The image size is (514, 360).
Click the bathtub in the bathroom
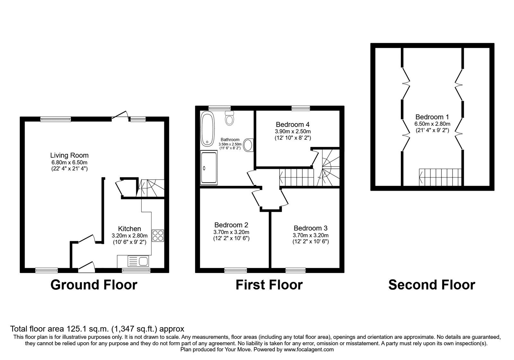pyautogui.click(x=208, y=129)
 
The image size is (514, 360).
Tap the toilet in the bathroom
pyautogui.click(x=229, y=118)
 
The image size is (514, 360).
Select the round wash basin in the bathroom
pyautogui.click(x=248, y=145)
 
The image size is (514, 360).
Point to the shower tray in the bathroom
pyautogui.click(x=208, y=167)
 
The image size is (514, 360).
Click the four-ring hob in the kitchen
pyautogui.click(x=158, y=236)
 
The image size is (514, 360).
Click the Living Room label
pyautogui.click(x=69, y=156)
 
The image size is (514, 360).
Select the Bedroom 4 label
pyautogui.click(x=293, y=125)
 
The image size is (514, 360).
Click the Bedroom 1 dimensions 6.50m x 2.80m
pyautogui.click(x=432, y=124)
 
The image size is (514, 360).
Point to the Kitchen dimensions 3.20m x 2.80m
pyautogui.click(x=130, y=236)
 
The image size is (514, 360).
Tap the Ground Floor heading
pyautogui.click(x=94, y=285)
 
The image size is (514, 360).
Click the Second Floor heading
pyautogui.click(x=432, y=285)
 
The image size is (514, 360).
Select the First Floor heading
pyautogui.click(x=269, y=285)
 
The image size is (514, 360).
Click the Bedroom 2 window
pyautogui.click(x=236, y=270)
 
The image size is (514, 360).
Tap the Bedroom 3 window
pyautogui.click(x=296, y=270)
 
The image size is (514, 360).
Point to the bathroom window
pyautogui.click(x=219, y=108)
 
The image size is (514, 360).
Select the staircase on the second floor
pyautogui.click(x=440, y=177)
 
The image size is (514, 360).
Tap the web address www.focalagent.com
pyautogui.click(x=309, y=350)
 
